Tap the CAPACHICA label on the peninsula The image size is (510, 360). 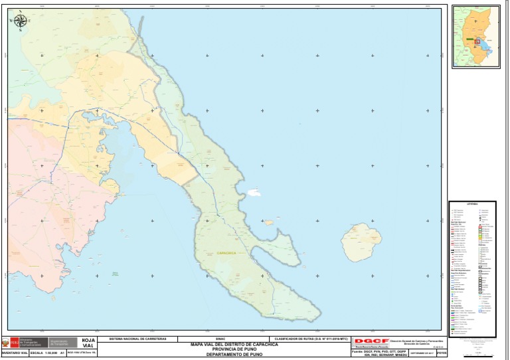(x=226, y=253)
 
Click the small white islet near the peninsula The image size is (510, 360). (x=254, y=193)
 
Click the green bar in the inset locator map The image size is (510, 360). (x=469, y=40)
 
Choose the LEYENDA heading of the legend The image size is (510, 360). (x=472, y=203)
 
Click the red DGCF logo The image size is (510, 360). (x=371, y=341)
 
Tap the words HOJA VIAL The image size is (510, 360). (x=88, y=343)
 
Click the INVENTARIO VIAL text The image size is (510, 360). (x=15, y=354)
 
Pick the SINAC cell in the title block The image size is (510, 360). (x=221, y=339)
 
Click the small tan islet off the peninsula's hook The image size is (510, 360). (x=268, y=223)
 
